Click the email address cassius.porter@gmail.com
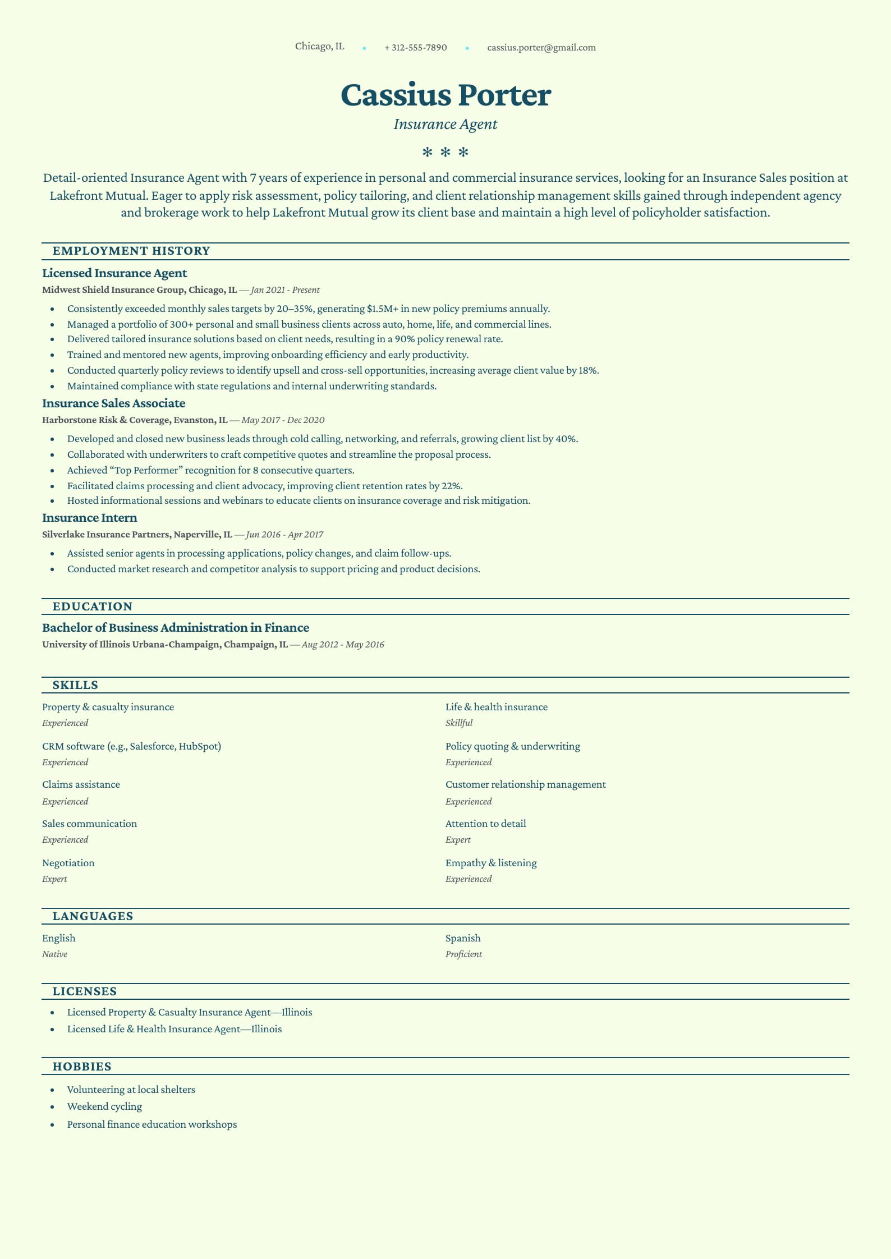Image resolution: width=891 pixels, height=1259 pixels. tap(541, 48)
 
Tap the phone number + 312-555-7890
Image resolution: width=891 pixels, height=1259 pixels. tap(415, 48)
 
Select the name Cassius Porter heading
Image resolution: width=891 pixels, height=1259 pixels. tap(445, 95)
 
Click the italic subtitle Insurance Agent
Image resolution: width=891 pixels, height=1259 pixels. tap(445, 124)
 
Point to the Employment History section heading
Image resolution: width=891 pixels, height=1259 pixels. tap(131, 251)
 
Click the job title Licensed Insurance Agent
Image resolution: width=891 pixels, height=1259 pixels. tap(114, 273)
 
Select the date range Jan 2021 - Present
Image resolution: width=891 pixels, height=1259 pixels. tap(285, 290)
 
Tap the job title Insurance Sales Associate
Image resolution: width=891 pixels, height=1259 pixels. tap(113, 403)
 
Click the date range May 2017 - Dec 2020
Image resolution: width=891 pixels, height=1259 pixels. tap(283, 420)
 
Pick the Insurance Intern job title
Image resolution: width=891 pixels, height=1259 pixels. tap(90, 518)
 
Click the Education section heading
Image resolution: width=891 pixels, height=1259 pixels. tap(93, 606)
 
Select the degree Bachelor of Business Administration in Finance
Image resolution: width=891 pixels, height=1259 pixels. tap(176, 628)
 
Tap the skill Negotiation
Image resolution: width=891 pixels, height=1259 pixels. tap(68, 863)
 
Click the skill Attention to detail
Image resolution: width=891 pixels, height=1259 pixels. tap(485, 824)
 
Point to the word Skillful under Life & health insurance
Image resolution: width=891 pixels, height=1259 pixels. tap(459, 723)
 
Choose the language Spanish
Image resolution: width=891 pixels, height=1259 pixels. tap(463, 938)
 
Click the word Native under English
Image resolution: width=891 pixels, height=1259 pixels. tap(54, 954)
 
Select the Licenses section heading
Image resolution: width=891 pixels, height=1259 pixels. tap(85, 991)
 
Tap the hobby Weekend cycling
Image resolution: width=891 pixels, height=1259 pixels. tap(104, 1106)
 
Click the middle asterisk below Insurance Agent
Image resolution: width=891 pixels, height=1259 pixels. tap(445, 152)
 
